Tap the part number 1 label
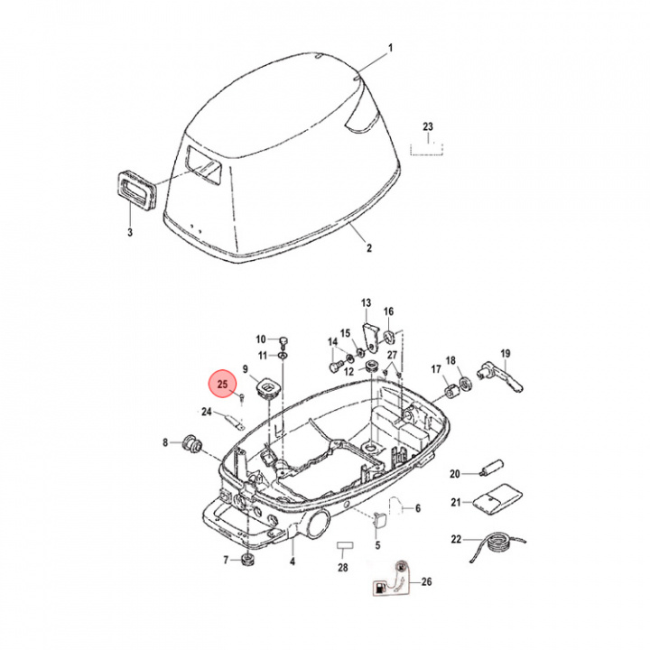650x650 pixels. tap(391, 47)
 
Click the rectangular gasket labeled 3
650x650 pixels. tap(135, 191)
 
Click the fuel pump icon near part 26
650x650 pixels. tap(377, 589)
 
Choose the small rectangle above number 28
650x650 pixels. tap(342, 546)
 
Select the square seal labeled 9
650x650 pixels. tap(266, 388)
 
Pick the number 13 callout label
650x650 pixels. tap(367, 302)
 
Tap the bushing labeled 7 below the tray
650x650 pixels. tap(246, 563)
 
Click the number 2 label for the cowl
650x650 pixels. tap(367, 246)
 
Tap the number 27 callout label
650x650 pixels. tap(392, 355)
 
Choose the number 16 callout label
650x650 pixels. tap(389, 312)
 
